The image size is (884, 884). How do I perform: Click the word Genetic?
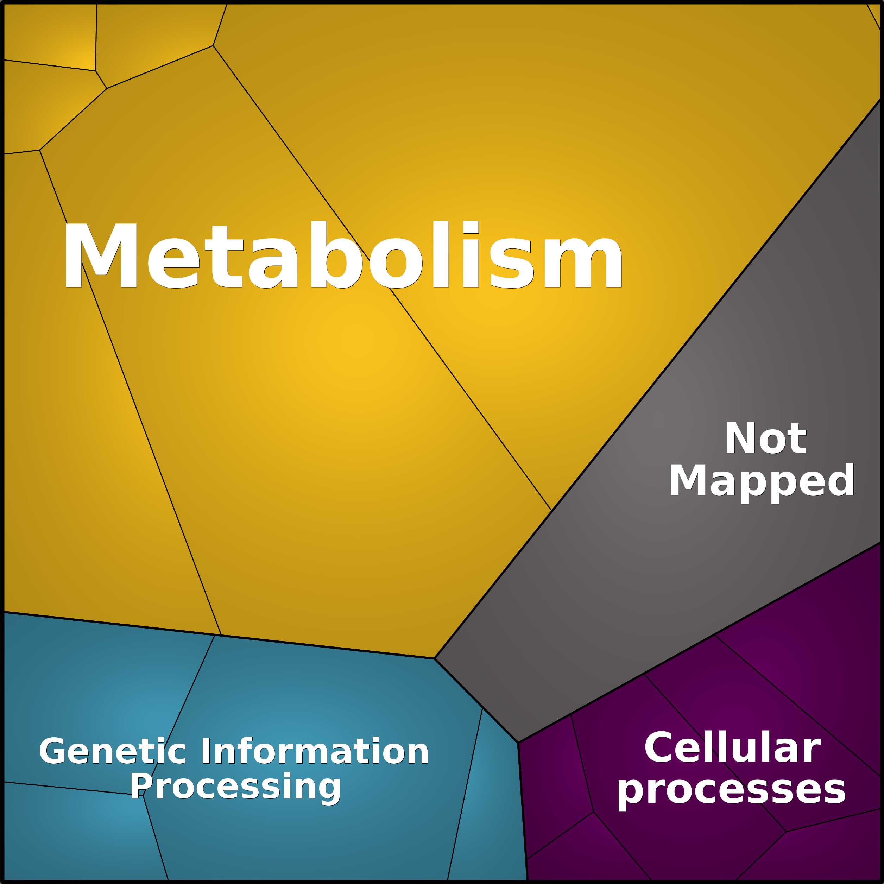[113, 675]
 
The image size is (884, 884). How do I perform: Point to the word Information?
[315, 675]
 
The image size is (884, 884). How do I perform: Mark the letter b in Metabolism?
[336, 254]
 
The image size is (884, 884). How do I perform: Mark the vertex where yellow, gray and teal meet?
[434, 658]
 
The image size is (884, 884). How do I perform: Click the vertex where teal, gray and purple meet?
[518, 743]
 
